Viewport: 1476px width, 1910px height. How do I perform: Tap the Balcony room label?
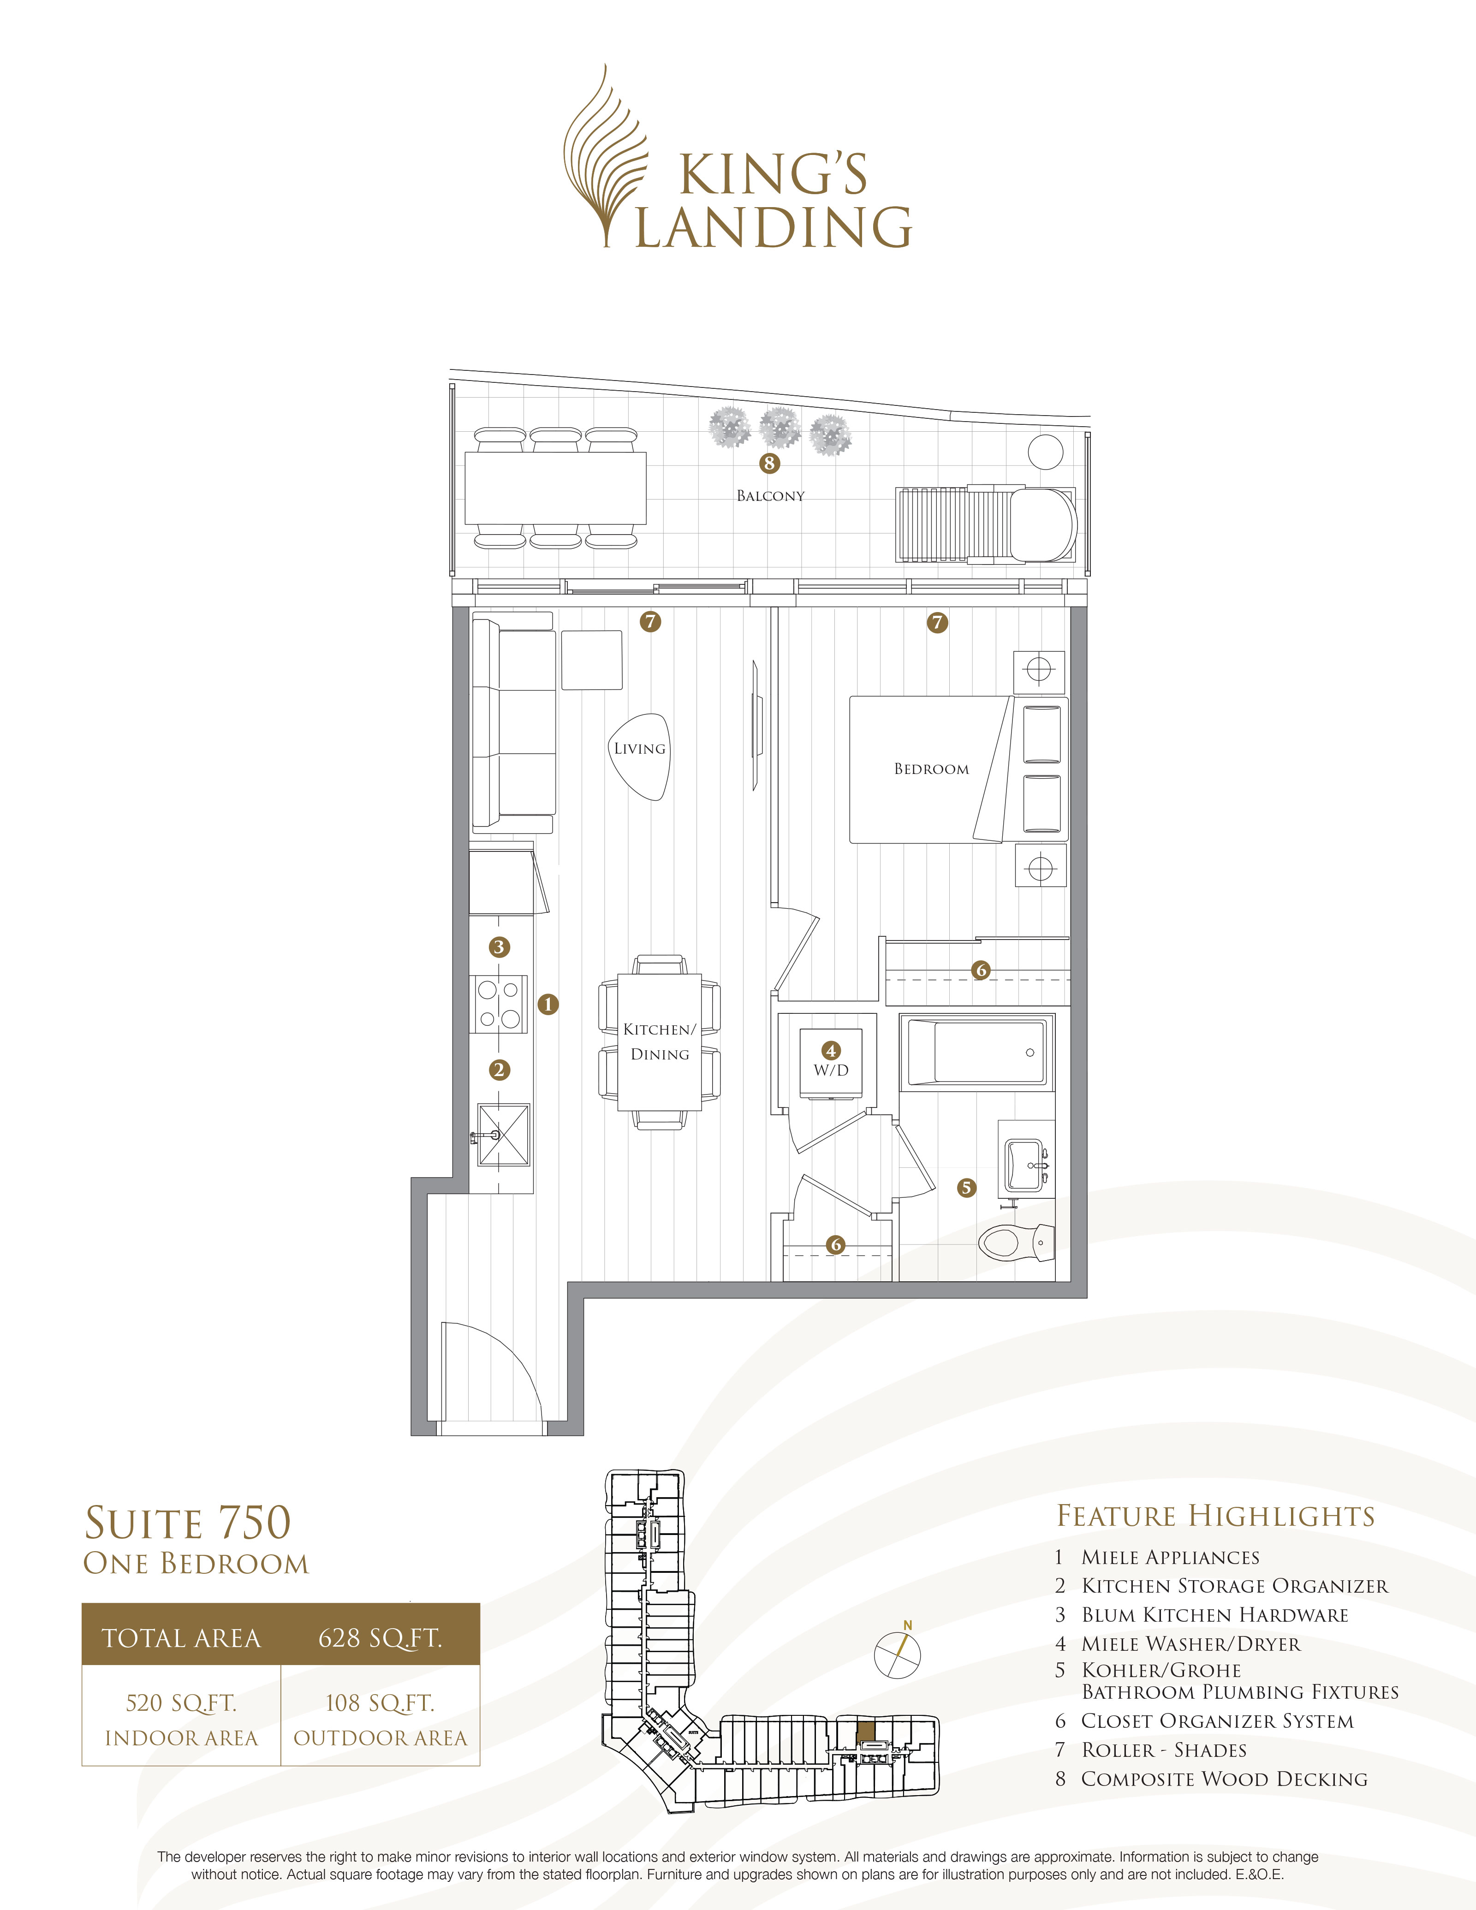coord(769,496)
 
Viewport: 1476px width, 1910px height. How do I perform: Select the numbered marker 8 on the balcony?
coord(769,464)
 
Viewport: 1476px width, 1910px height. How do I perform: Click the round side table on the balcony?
coord(1045,452)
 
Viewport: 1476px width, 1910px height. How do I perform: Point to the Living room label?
coord(639,749)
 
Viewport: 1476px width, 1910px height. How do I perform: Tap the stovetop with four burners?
coord(499,1004)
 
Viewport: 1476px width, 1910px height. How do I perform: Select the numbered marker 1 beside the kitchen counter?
coord(548,1004)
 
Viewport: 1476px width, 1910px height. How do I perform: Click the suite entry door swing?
coord(490,1373)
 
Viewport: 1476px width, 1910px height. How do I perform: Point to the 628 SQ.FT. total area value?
coord(380,1638)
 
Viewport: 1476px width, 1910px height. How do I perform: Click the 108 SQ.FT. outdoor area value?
coord(380,1703)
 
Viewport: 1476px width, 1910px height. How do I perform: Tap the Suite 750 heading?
coord(187,1523)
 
